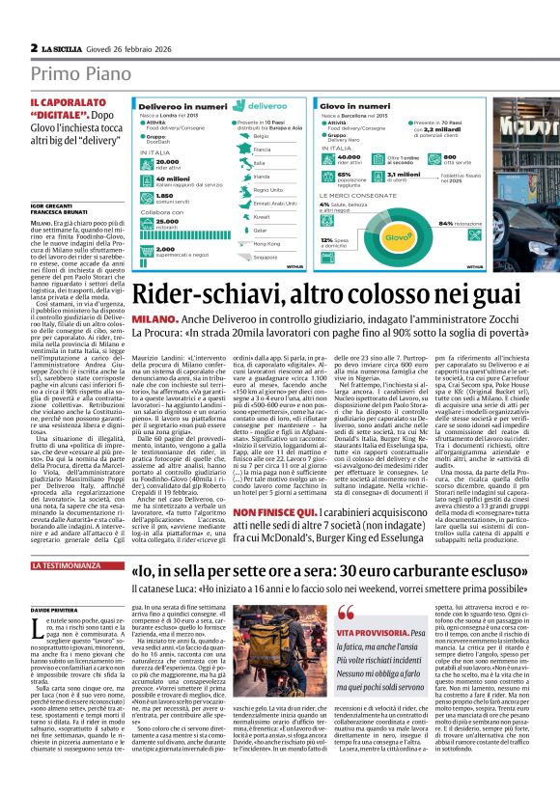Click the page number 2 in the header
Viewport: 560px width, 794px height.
[34, 47]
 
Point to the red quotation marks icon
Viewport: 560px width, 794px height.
[374, 610]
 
